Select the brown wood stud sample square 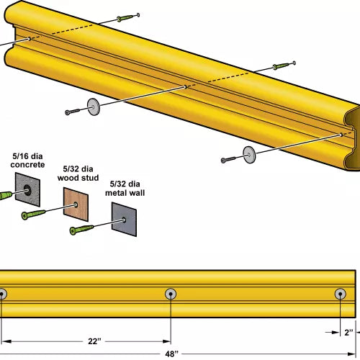pos(76,203)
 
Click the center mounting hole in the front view pos(171,293)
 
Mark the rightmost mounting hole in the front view pos(341,293)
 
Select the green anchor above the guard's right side pos(284,66)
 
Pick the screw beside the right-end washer pos(229,158)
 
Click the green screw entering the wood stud pos(34,215)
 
